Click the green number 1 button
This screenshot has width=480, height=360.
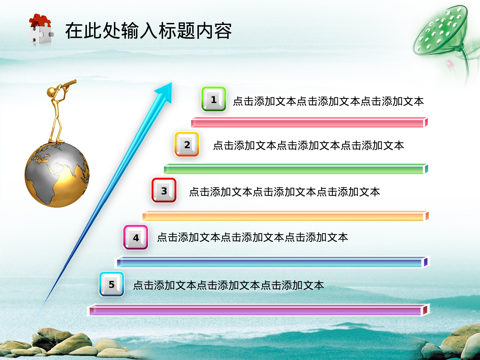[x=214, y=99]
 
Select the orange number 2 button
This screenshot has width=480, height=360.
[x=187, y=145]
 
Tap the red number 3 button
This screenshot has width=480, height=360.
[x=164, y=191]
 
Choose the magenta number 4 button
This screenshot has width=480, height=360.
[x=136, y=237]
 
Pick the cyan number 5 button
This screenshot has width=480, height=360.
[x=111, y=284]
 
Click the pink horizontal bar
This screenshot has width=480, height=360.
[x=309, y=123]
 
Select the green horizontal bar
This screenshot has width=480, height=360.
[x=296, y=169]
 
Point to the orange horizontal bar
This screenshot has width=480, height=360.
[x=285, y=216]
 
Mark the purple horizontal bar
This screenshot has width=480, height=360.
[x=258, y=310]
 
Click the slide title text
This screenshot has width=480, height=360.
[x=148, y=31]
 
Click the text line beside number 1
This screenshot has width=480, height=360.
[x=328, y=101]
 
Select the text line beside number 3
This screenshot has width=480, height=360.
[x=284, y=192]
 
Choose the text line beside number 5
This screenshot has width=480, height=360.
[x=228, y=285]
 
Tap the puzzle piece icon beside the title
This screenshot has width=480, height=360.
[x=41, y=29]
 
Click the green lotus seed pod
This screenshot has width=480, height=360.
[x=441, y=30]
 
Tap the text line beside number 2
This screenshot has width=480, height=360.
[x=308, y=146]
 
